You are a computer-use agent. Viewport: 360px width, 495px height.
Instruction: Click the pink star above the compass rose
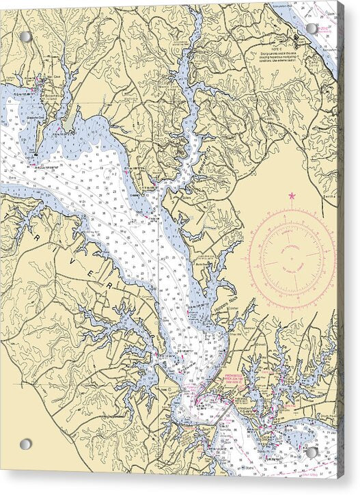292,196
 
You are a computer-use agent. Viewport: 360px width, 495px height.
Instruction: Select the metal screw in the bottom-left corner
25,444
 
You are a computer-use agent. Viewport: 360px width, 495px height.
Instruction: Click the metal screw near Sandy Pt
311,452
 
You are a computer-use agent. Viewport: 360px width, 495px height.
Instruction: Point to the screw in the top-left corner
25,36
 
